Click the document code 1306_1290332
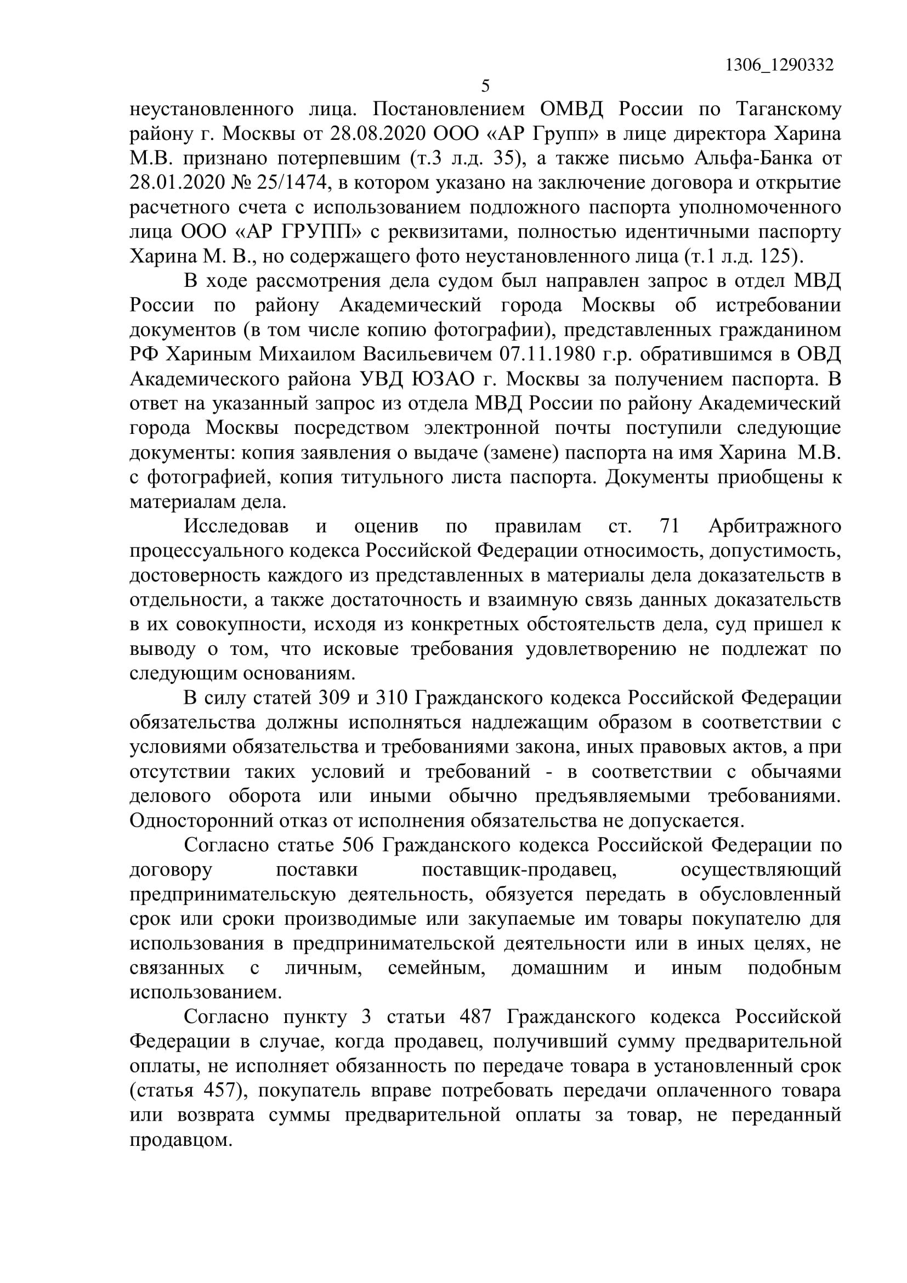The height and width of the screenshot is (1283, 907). tap(779, 65)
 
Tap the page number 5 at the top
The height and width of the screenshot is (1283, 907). tap(485, 86)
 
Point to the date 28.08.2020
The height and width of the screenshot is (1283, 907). tap(377, 134)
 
